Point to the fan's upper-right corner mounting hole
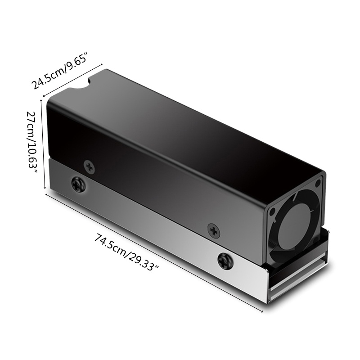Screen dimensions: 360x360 [x=318, y=183]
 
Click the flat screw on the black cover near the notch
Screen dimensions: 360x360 [x=90, y=167]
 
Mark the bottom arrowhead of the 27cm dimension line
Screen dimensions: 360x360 [x=45, y=188]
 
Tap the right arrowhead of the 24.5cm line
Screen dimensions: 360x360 [x=103, y=64]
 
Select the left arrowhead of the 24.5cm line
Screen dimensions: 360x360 [x=44, y=94]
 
